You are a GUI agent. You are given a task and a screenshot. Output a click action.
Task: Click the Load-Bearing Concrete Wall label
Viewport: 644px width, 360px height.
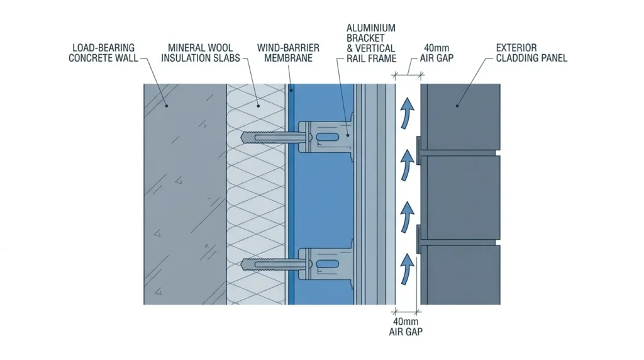click(x=104, y=53)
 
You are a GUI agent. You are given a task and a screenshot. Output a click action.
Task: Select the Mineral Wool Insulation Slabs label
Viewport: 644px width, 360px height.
click(x=201, y=53)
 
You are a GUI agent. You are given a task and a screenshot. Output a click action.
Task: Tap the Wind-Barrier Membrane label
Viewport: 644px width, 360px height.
click(x=288, y=53)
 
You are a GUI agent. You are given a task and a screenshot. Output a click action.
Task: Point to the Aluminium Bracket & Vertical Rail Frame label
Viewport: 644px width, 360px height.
click(x=371, y=43)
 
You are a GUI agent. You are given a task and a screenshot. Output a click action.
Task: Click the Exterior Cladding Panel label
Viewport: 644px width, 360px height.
click(x=531, y=53)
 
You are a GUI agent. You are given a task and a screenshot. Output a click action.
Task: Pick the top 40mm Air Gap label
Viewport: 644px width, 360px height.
click(x=436, y=53)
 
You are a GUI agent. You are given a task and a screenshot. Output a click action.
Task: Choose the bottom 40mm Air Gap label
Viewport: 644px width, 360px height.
click(x=406, y=326)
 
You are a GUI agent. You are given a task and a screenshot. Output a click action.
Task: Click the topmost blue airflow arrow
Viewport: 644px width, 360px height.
click(x=407, y=113)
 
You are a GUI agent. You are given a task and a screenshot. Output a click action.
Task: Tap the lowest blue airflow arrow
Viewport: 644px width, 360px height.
click(x=407, y=269)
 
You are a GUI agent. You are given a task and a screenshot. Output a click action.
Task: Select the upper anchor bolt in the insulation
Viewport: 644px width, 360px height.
click(x=276, y=137)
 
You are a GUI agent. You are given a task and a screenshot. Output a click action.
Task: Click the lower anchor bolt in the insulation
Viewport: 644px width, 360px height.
click(x=276, y=264)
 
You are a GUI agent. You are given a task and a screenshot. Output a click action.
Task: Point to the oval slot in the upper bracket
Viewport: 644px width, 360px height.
click(x=328, y=137)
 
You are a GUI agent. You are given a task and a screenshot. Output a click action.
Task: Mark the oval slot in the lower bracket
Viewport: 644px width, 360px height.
click(x=328, y=264)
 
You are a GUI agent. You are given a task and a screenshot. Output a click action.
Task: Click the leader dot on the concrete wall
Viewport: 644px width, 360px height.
click(x=166, y=106)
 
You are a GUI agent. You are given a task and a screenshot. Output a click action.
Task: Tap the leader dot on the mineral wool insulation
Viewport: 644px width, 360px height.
click(x=258, y=106)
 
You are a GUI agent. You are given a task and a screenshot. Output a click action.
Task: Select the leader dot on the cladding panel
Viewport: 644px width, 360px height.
click(x=457, y=106)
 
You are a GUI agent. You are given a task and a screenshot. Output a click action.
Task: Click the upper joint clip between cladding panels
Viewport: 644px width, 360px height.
click(x=419, y=151)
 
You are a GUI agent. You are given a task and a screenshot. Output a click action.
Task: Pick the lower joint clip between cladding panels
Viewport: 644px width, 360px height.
click(x=419, y=239)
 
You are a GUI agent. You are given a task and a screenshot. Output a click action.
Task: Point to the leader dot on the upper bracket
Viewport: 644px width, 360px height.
click(x=347, y=135)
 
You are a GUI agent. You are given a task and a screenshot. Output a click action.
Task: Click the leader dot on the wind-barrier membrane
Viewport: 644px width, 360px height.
click(x=291, y=91)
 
